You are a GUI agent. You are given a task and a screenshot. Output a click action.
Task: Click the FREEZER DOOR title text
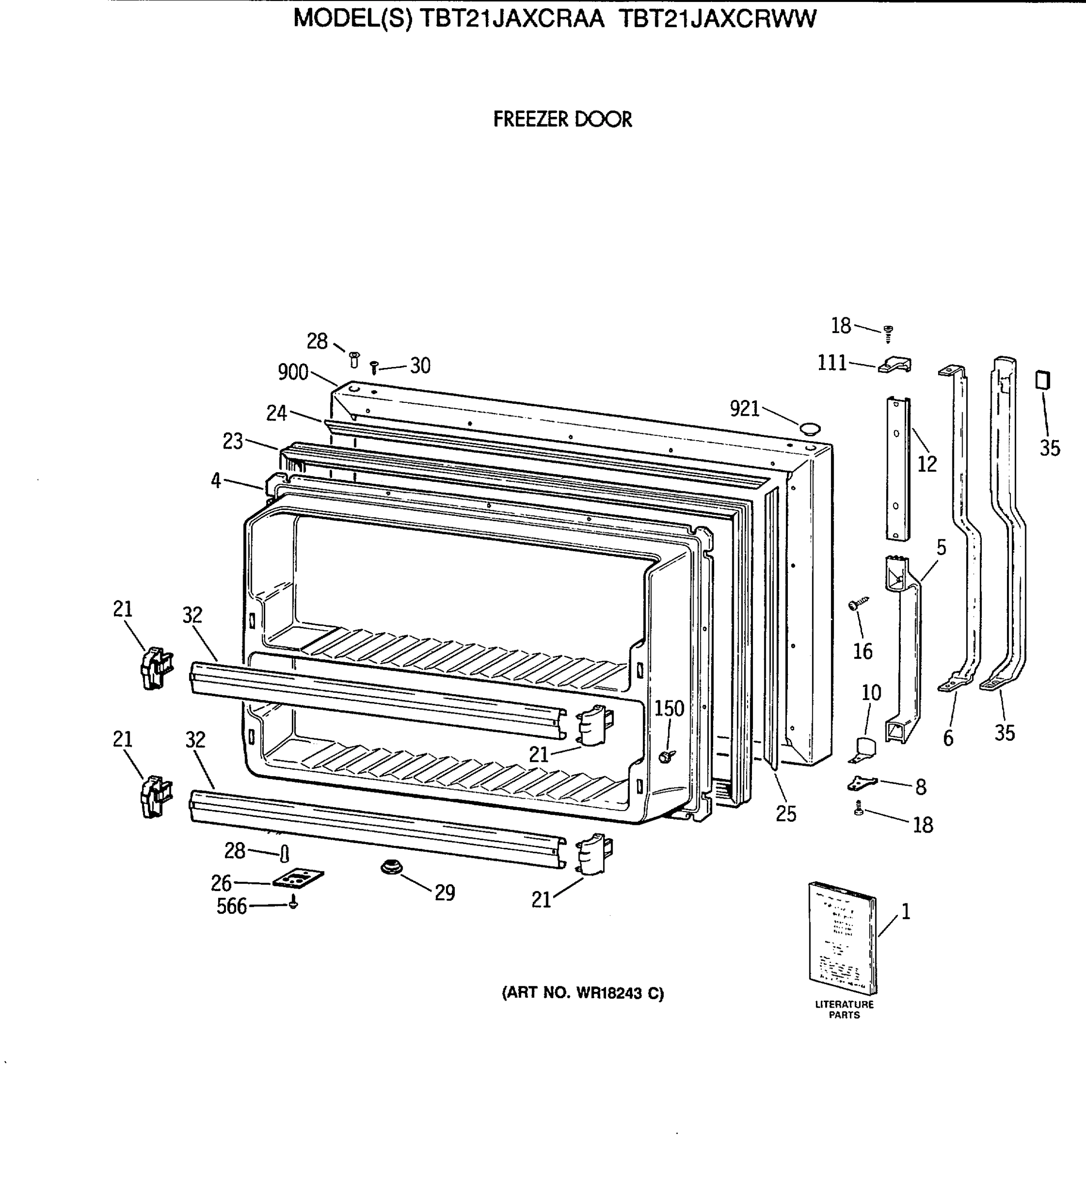tap(562, 119)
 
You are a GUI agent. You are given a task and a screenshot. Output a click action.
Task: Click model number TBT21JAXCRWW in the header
tap(718, 19)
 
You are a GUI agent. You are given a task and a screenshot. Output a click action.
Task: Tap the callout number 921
tap(745, 409)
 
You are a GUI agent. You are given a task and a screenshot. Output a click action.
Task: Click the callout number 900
tap(293, 372)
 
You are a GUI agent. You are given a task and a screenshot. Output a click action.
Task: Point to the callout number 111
tap(832, 363)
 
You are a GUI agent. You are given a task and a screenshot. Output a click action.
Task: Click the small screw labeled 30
tap(374, 368)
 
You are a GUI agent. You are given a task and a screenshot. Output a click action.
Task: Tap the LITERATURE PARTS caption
tap(844, 1010)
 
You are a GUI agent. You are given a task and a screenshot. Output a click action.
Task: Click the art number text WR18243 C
tap(583, 993)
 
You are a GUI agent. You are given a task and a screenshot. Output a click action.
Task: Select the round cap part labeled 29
tap(389, 867)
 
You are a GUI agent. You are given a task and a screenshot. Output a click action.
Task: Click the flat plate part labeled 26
tap(298, 879)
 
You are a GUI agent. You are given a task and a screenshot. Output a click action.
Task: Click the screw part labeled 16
tap(858, 604)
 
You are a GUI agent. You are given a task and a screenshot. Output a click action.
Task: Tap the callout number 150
tap(669, 708)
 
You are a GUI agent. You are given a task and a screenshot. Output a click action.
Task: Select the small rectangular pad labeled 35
tap(1042, 380)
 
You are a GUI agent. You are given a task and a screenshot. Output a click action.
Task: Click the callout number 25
tap(786, 814)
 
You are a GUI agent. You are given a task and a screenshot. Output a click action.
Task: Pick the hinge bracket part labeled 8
tap(862, 783)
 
